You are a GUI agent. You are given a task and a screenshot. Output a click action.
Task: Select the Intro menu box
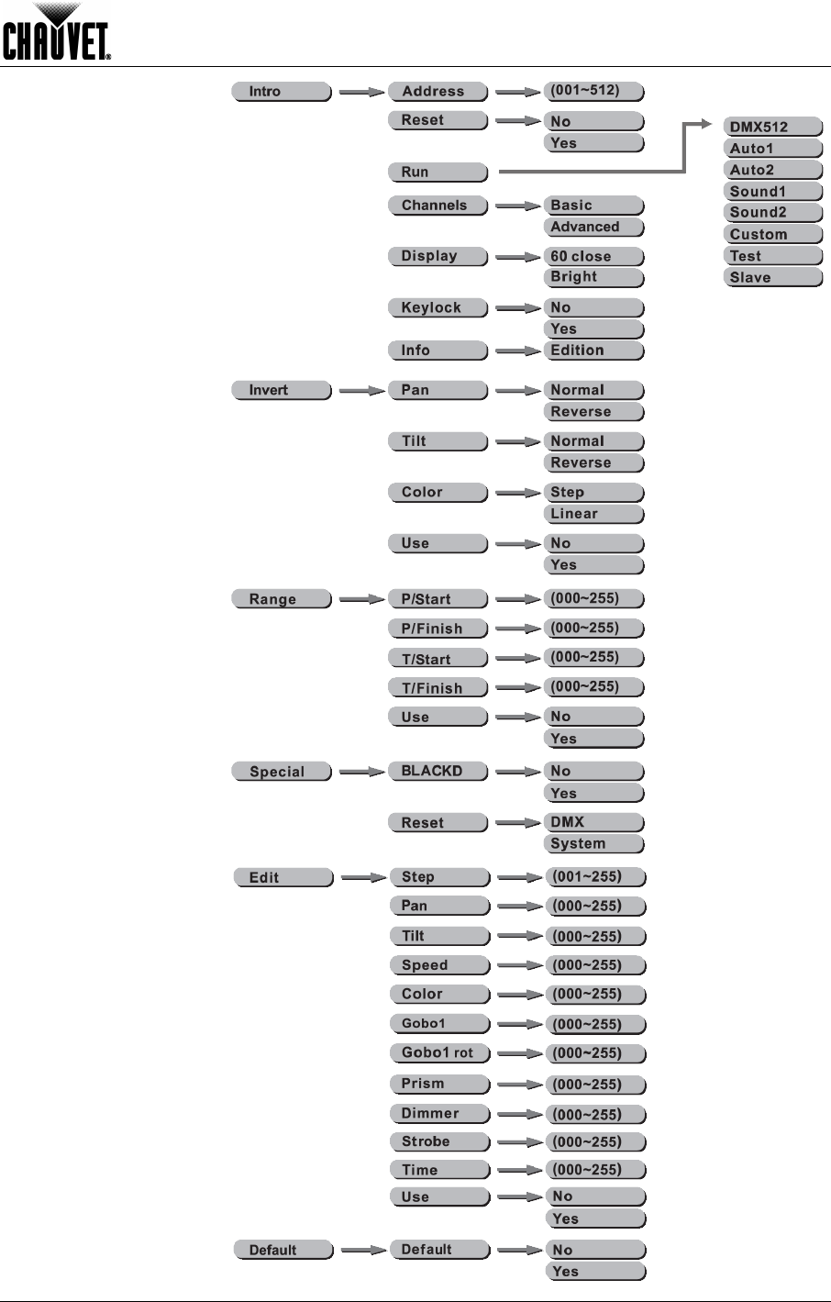tap(280, 92)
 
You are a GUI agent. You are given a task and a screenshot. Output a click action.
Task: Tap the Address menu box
tap(438, 92)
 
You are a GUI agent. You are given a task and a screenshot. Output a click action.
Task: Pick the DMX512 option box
tap(772, 127)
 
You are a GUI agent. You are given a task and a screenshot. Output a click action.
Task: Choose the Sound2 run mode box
tap(772, 213)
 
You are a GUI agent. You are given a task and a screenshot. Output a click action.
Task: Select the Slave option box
tap(772, 278)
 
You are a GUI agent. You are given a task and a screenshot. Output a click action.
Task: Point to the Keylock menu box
tap(438, 308)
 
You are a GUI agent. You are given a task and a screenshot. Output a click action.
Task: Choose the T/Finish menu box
tap(438, 688)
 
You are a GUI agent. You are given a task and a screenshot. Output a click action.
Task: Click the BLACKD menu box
tap(438, 772)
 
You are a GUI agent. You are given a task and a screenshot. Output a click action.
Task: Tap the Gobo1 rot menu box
tap(438, 1053)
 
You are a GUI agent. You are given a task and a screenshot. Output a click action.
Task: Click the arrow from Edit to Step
tap(363, 878)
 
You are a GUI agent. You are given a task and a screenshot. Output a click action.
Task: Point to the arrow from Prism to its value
tap(520, 1085)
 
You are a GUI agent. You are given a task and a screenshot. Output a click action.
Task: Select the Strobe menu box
tap(438, 1142)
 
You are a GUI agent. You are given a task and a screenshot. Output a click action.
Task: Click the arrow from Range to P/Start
tap(361, 600)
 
